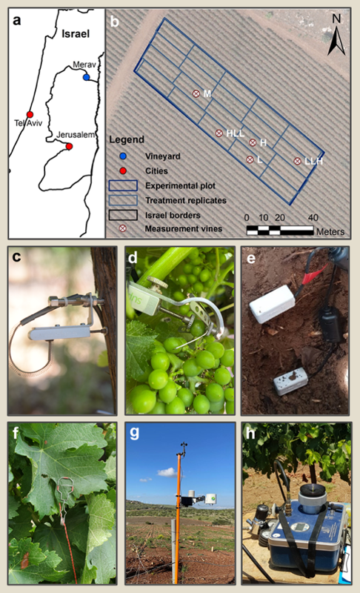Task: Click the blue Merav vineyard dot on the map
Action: click(87, 77)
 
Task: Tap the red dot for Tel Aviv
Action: click(30, 114)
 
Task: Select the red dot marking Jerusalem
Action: click(69, 146)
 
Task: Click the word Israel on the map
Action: click(76, 33)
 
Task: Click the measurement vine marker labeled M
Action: click(196, 93)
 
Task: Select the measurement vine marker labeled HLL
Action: click(219, 133)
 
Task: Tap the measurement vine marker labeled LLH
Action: click(297, 161)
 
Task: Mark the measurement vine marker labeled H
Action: click(253, 142)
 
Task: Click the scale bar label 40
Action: click(313, 218)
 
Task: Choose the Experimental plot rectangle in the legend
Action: click(123, 185)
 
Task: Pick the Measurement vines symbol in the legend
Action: click(123, 228)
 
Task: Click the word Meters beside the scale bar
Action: click(330, 231)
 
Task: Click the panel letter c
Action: click(16, 256)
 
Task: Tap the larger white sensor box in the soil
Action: click(273, 304)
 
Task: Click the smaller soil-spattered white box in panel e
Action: click(291, 381)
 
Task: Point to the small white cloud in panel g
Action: click(167, 472)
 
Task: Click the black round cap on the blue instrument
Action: click(313, 490)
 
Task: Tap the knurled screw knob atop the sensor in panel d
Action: click(155, 282)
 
